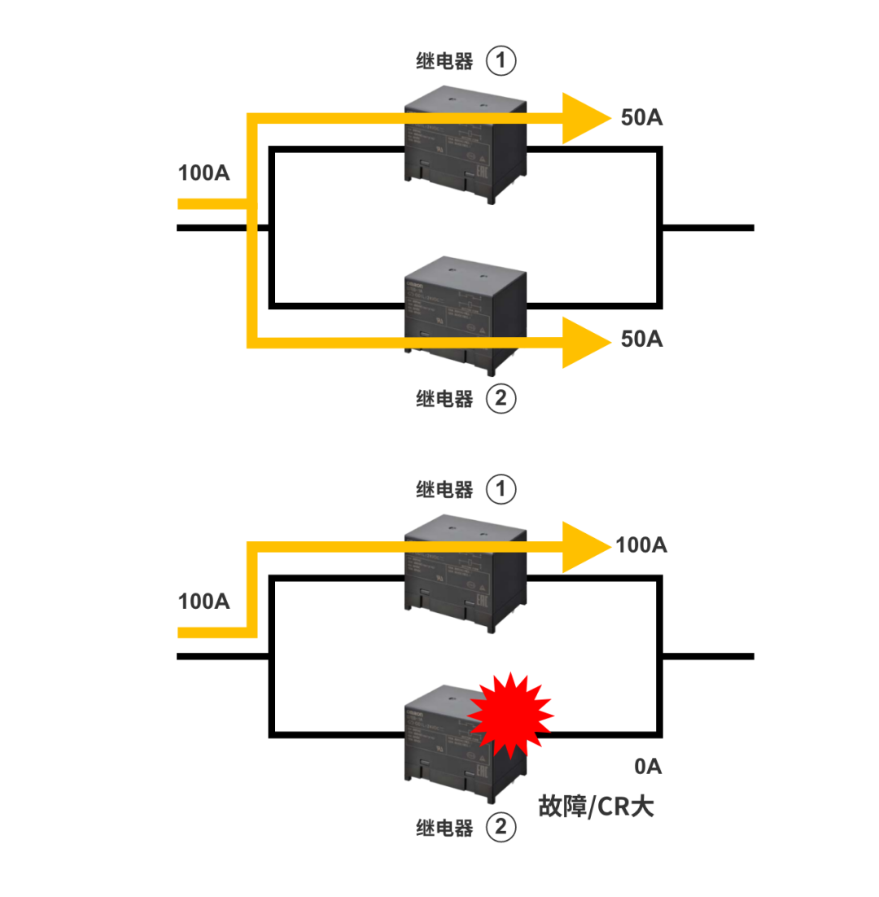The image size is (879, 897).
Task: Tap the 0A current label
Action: (x=649, y=766)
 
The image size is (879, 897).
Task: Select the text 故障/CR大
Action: (x=597, y=806)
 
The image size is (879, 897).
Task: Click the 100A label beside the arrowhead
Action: (x=641, y=545)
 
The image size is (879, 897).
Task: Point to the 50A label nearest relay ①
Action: (x=641, y=117)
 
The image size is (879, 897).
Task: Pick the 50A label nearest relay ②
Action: (x=641, y=339)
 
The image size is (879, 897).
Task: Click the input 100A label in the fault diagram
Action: (x=203, y=602)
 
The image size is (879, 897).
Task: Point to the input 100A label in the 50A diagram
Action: (x=203, y=173)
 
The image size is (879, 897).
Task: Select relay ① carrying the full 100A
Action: (x=464, y=574)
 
